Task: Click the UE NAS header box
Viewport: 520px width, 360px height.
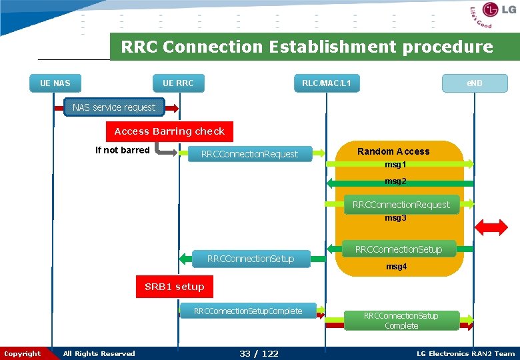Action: (x=55, y=83)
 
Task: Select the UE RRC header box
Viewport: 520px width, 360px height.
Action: (x=178, y=83)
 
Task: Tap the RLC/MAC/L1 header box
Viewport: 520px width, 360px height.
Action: (x=327, y=83)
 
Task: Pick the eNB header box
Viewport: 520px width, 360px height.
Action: (x=474, y=83)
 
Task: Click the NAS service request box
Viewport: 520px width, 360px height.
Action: (x=114, y=107)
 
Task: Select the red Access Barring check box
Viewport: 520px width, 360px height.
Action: (x=169, y=131)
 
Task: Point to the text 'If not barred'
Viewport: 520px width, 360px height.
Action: (x=123, y=150)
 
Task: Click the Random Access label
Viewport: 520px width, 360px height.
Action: (x=393, y=151)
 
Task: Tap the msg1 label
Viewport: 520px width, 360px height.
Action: (x=395, y=165)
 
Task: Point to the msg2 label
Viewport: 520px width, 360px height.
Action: (x=395, y=181)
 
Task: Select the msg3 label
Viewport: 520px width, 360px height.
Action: (x=395, y=218)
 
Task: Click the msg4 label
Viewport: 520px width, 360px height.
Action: (x=396, y=267)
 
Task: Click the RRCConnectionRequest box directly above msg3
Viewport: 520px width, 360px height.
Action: (x=401, y=205)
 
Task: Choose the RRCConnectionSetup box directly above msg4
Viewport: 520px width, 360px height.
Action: (x=399, y=249)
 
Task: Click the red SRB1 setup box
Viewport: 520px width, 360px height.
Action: (x=174, y=287)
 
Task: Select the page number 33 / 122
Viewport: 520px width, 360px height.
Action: (x=259, y=353)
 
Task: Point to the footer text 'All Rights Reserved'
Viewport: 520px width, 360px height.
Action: (x=99, y=353)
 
